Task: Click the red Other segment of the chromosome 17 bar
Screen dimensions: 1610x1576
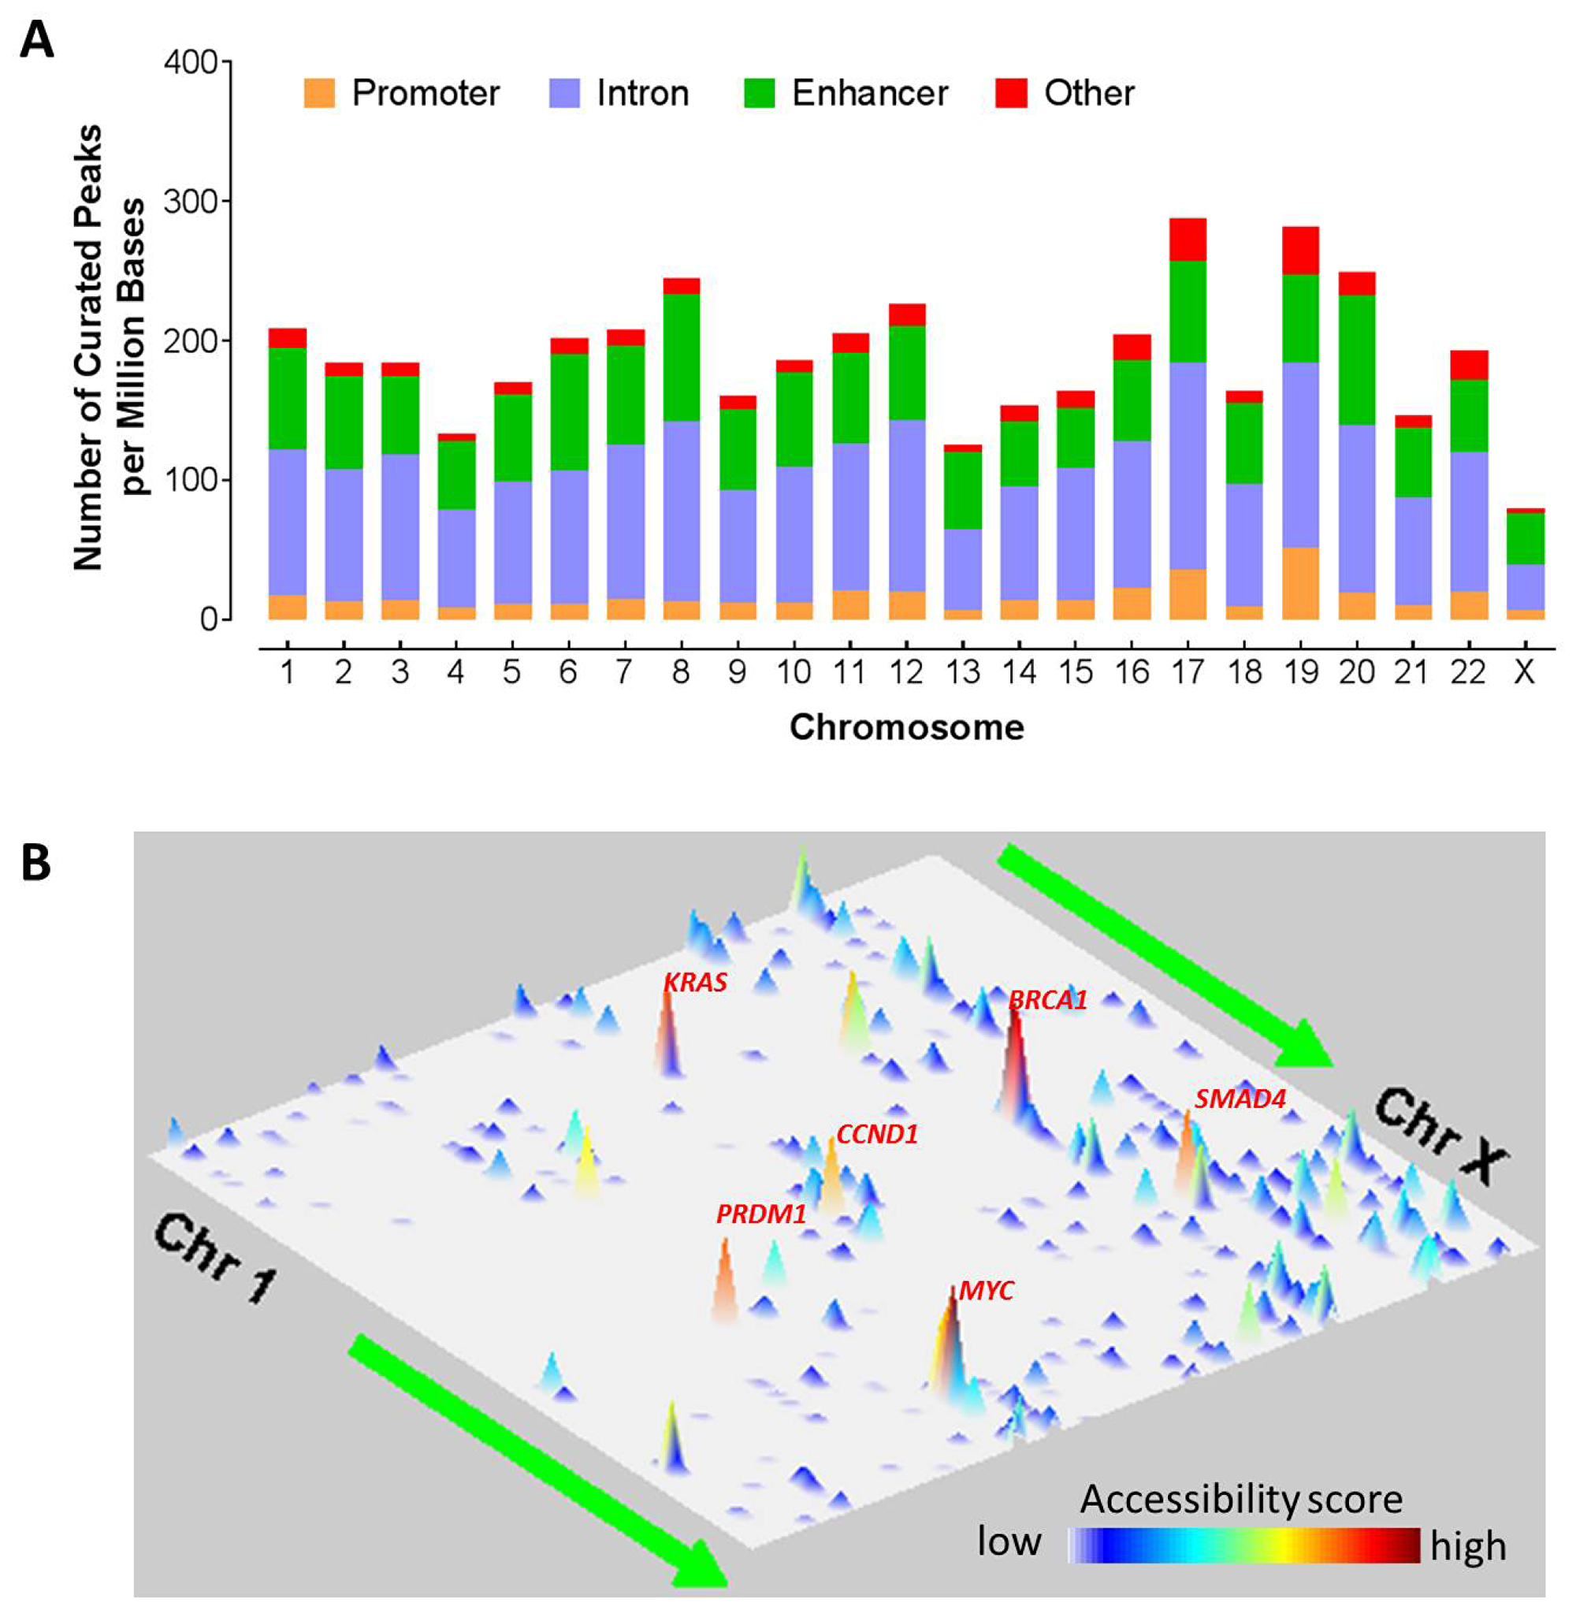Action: pyautogui.click(x=1188, y=240)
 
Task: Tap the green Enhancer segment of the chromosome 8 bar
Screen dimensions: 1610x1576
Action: pyautogui.click(x=681, y=358)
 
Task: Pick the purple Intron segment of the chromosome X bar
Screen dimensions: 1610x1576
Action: pyautogui.click(x=1525, y=586)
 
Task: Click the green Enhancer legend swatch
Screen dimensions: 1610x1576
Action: pyautogui.click(x=759, y=93)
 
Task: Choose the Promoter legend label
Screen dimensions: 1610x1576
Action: pyautogui.click(x=426, y=93)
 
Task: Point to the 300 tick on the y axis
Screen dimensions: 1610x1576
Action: pyautogui.click(x=190, y=201)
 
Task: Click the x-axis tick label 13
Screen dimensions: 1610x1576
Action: pyautogui.click(x=964, y=672)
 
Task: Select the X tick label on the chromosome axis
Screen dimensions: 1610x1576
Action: pyautogui.click(x=1524, y=672)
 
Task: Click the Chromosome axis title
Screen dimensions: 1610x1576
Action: pyautogui.click(x=906, y=727)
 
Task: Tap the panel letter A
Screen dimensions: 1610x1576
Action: pyautogui.click(x=37, y=39)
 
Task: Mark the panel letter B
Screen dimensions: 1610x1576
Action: pyautogui.click(x=35, y=863)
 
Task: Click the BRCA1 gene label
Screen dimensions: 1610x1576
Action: pyautogui.click(x=1047, y=1000)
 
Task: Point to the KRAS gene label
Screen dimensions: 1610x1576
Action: pyautogui.click(x=695, y=983)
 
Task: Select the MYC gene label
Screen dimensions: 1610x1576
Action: pyautogui.click(x=986, y=1291)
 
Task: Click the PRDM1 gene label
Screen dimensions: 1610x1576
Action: pyautogui.click(x=760, y=1214)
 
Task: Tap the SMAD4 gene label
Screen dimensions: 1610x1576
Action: pyautogui.click(x=1239, y=1099)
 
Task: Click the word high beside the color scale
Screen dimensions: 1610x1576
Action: pyautogui.click(x=1467, y=1545)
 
